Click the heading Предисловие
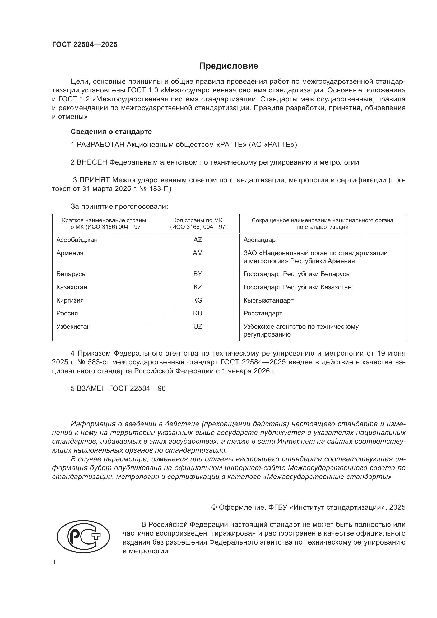229,66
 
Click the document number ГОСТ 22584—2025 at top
85,45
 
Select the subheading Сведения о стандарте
111,132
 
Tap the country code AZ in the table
198,240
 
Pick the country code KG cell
198,300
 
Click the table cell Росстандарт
263,313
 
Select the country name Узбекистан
73,327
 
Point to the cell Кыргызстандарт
268,300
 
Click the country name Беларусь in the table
71,274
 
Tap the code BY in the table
198,274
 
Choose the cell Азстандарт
261,240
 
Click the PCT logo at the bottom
83,536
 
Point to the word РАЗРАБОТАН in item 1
100,145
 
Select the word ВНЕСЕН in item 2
92,162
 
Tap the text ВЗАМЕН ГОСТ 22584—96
118,388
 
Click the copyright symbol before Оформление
214,507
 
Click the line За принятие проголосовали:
119,206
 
